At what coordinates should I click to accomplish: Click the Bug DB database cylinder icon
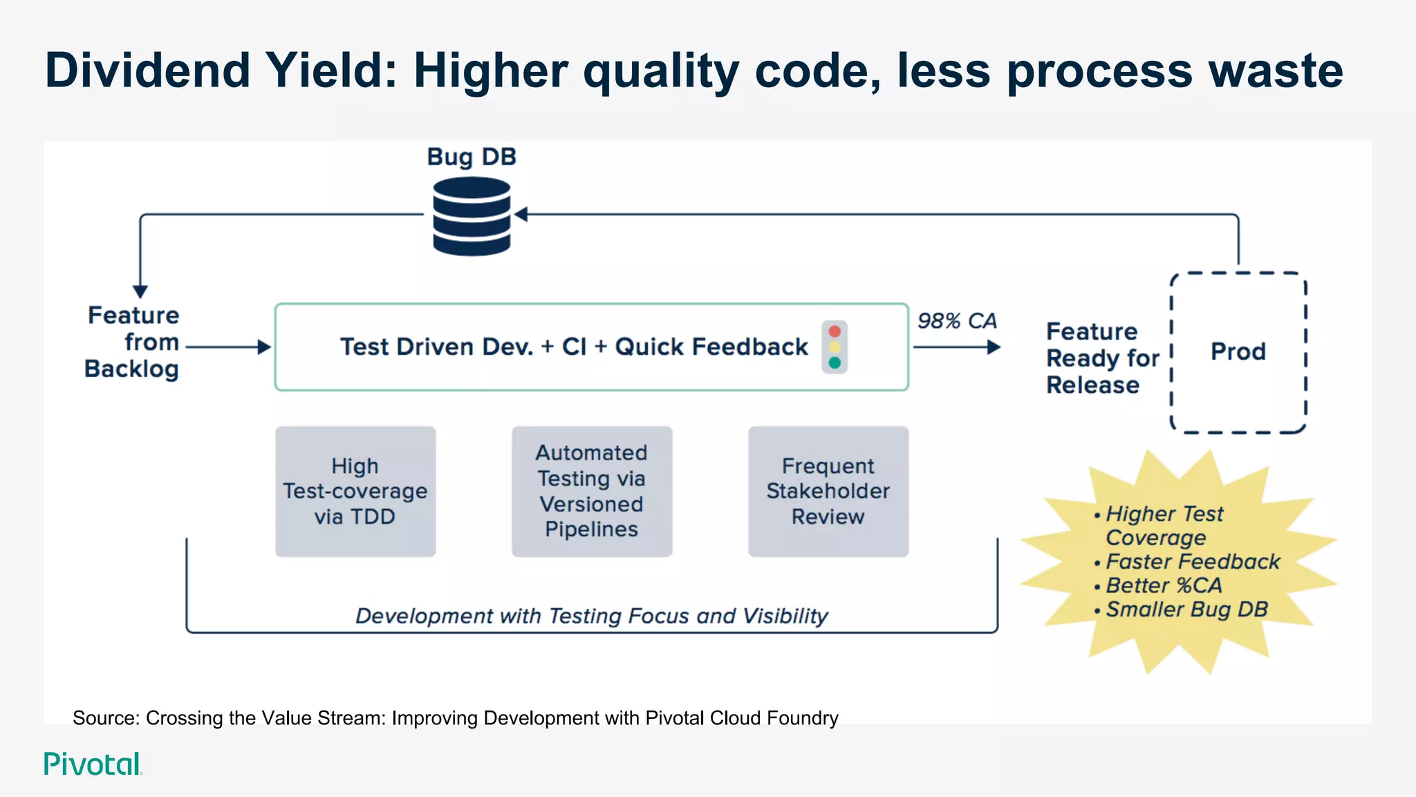[472, 216]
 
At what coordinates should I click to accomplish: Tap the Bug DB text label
[472, 157]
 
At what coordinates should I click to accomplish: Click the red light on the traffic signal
[835, 331]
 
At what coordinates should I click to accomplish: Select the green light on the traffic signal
[835, 363]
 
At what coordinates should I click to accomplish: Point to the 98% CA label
[957, 321]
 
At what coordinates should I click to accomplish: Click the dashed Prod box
[1238, 352]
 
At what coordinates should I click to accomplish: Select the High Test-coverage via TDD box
[355, 491]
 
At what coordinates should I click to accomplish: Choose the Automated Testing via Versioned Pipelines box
[592, 491]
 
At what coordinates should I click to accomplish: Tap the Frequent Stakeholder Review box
[828, 491]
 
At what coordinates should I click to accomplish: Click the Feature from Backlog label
[133, 342]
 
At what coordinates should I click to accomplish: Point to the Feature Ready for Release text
[1101, 358]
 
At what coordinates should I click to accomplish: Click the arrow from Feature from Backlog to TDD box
[228, 347]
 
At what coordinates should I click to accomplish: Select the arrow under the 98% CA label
[957, 347]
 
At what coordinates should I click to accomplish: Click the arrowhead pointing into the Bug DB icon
[521, 214]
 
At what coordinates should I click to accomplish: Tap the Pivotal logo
[93, 764]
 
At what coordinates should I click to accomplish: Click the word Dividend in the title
[147, 71]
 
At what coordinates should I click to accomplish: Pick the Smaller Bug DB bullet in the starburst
[1186, 610]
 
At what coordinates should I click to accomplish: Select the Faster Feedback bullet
[1192, 562]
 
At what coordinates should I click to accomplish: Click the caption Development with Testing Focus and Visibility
[592, 616]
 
